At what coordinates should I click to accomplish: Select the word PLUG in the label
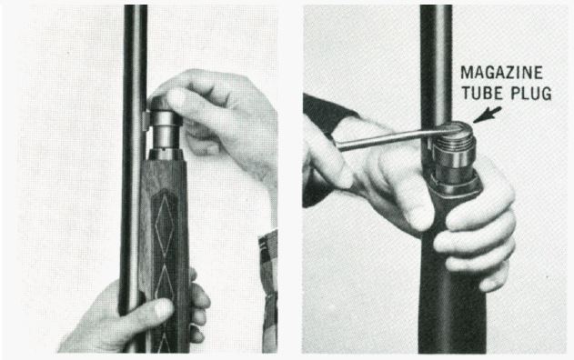point(530,93)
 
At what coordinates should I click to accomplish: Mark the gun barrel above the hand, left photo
point(135,55)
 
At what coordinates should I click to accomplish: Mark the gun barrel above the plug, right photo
point(435,55)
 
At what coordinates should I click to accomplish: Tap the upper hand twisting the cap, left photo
point(223,118)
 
